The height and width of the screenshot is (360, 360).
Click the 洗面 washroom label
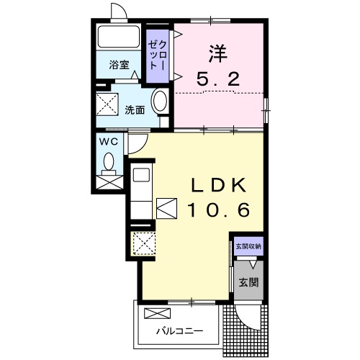click(x=135, y=110)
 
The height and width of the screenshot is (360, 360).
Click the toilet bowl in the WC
click(x=109, y=163)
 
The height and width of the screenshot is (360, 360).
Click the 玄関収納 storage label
click(x=248, y=246)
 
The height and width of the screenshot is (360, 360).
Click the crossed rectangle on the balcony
click(x=157, y=313)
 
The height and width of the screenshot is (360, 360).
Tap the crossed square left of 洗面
click(x=108, y=103)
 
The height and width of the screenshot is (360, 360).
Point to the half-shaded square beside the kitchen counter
click(x=166, y=207)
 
